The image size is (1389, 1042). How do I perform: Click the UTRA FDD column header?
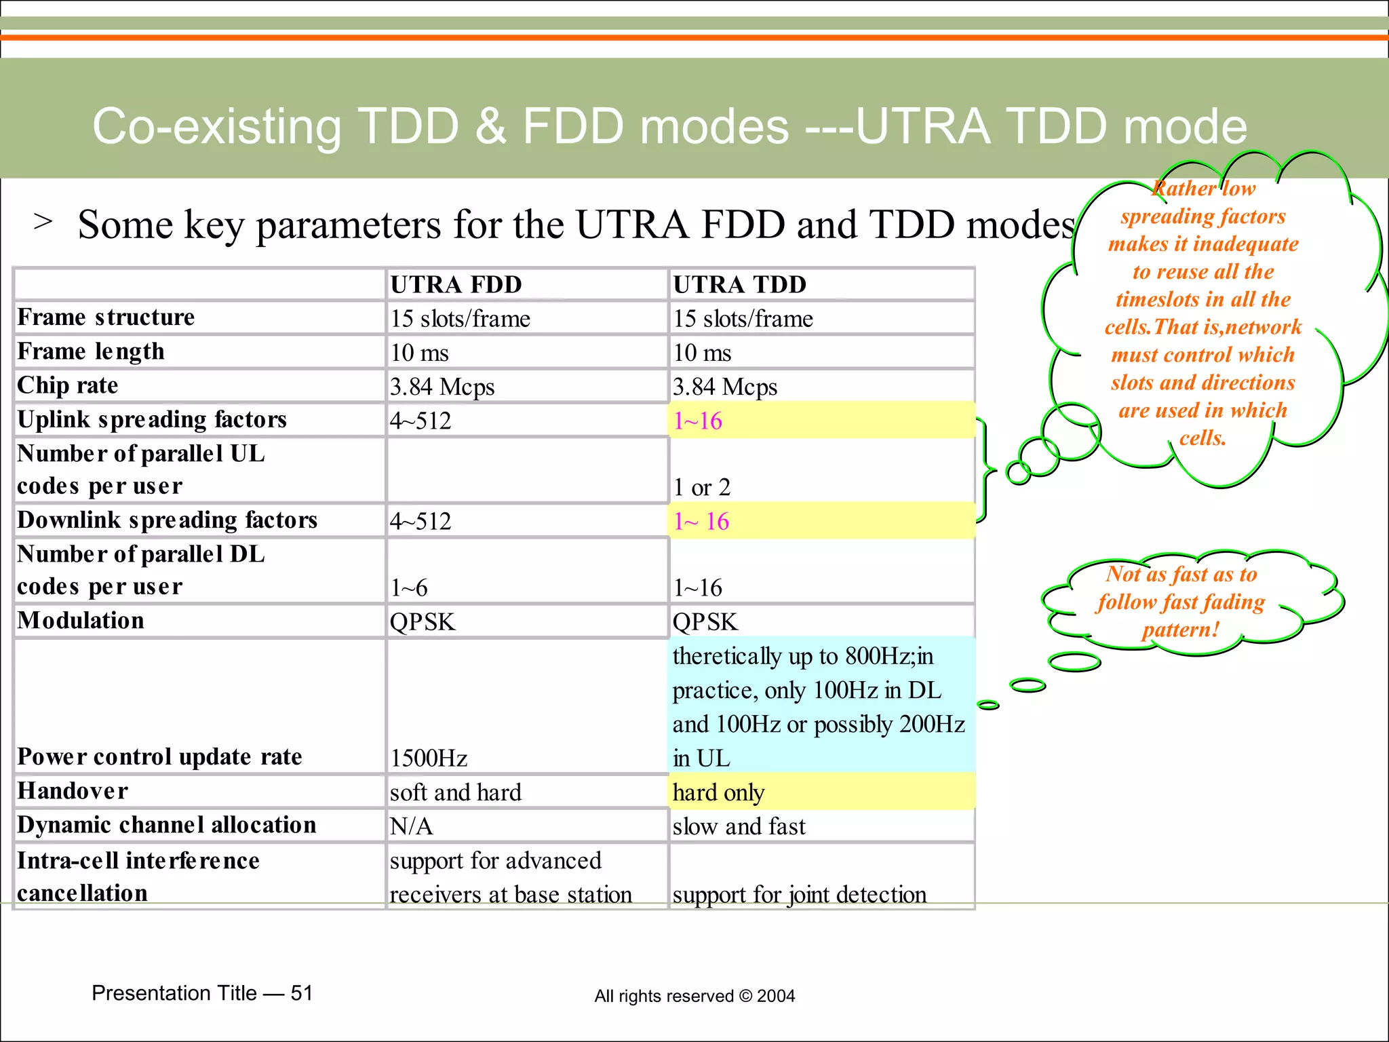(x=456, y=284)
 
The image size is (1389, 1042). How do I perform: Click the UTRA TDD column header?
(x=739, y=284)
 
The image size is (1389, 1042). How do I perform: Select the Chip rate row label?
(x=68, y=385)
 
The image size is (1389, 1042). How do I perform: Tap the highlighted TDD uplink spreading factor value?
(x=698, y=421)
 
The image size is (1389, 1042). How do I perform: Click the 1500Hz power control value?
(x=429, y=758)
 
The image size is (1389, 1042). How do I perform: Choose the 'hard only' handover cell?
(x=719, y=792)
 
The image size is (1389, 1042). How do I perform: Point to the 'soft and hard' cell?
(x=456, y=792)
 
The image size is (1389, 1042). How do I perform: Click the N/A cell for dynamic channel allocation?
(x=411, y=826)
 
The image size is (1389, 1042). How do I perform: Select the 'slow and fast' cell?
(x=739, y=826)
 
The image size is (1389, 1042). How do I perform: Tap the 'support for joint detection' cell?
(x=799, y=894)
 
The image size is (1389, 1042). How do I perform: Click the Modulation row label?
(x=81, y=621)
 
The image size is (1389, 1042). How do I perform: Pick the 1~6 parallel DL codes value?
(x=409, y=587)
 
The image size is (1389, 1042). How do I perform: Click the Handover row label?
(x=73, y=791)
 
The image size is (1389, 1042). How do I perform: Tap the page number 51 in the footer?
(x=301, y=993)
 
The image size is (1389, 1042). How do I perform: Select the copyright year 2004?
(x=776, y=996)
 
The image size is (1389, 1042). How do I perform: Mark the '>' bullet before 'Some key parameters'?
(x=43, y=221)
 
